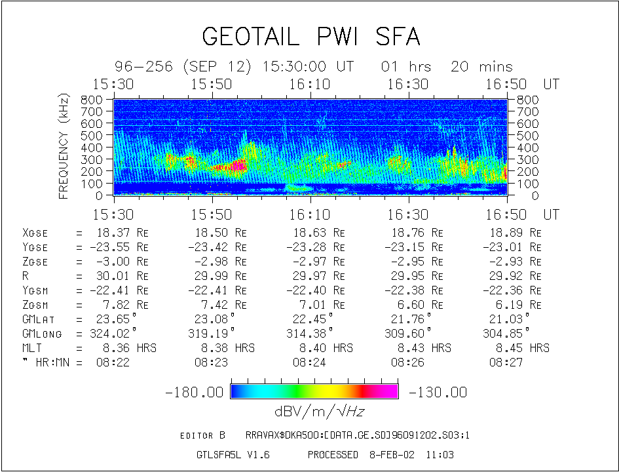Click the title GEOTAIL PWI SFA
(310, 37)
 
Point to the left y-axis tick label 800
(92, 100)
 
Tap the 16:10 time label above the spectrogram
(310, 85)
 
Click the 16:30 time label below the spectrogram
(408, 214)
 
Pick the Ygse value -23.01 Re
(512, 247)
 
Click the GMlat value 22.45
(311, 319)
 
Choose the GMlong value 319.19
(213, 334)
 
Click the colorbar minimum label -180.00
(195, 392)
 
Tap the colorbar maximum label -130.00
(438, 392)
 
